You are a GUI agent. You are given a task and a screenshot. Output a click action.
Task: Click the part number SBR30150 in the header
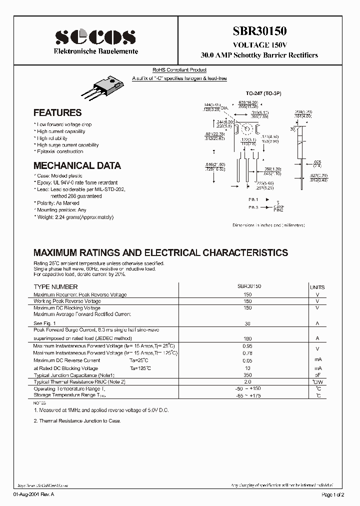259,31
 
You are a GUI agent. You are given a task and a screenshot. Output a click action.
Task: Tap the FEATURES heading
57,113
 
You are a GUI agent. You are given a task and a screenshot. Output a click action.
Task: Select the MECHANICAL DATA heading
77,165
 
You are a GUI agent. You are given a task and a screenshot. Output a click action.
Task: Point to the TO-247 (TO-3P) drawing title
262,93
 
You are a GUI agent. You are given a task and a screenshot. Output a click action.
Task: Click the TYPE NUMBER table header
55,287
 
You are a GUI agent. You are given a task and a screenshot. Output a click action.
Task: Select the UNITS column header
317,287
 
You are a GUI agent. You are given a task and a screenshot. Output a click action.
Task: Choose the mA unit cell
317,360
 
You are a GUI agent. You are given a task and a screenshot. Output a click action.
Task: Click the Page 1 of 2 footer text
332,494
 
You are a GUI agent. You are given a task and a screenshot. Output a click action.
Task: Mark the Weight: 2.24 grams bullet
74,217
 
